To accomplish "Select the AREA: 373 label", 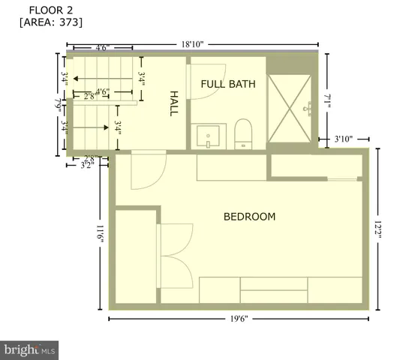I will point(50,22).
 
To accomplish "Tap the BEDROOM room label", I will point(249,217).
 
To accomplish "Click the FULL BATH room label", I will point(228,84).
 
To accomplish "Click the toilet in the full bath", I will point(245,134).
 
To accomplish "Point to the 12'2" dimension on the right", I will point(383,229).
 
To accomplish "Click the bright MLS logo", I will point(30,349).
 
